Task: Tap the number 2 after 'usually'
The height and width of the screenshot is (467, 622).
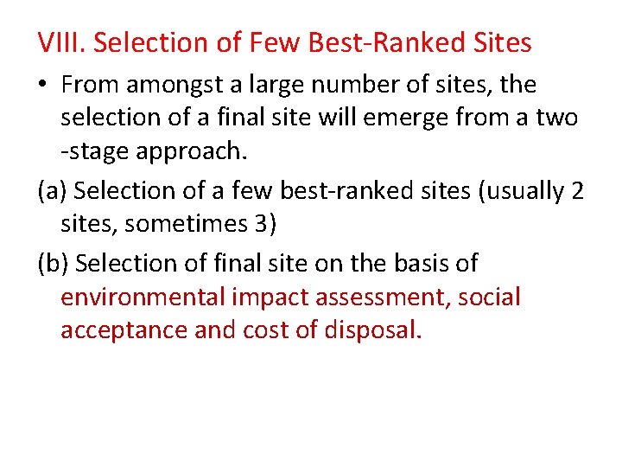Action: coord(577,190)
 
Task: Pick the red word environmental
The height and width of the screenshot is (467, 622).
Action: coord(143,297)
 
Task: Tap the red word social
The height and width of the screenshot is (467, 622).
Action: coord(490,297)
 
